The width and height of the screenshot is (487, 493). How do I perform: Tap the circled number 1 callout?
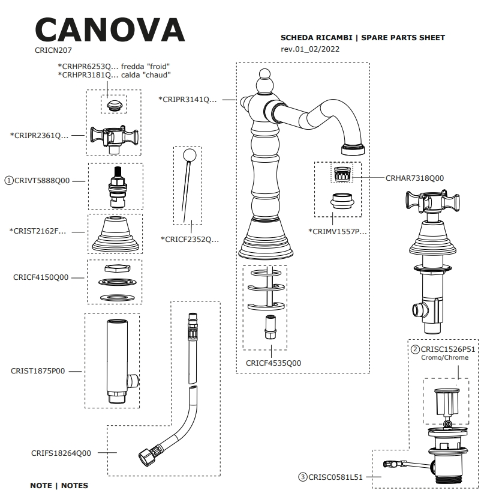(9, 180)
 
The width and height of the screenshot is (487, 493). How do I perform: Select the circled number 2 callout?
(414, 349)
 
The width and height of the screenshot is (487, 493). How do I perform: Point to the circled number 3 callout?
(303, 477)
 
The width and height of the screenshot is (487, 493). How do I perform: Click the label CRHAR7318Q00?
(414, 178)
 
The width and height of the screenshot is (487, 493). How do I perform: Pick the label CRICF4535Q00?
(273, 363)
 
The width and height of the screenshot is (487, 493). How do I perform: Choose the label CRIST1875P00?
(38, 371)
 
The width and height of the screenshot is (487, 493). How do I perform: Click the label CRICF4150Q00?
(41, 277)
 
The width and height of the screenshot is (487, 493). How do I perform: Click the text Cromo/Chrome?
(445, 358)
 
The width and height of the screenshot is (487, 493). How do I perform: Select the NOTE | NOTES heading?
(59, 485)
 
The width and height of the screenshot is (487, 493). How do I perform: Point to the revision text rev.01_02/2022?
(310, 49)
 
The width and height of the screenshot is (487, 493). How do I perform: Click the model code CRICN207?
(53, 51)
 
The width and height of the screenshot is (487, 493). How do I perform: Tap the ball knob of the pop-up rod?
(190, 156)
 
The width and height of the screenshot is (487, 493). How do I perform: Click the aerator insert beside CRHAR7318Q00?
(341, 175)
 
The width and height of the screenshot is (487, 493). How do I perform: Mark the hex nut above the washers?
(114, 268)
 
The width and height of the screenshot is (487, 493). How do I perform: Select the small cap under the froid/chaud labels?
(113, 106)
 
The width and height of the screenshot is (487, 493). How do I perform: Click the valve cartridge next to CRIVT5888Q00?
(115, 184)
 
